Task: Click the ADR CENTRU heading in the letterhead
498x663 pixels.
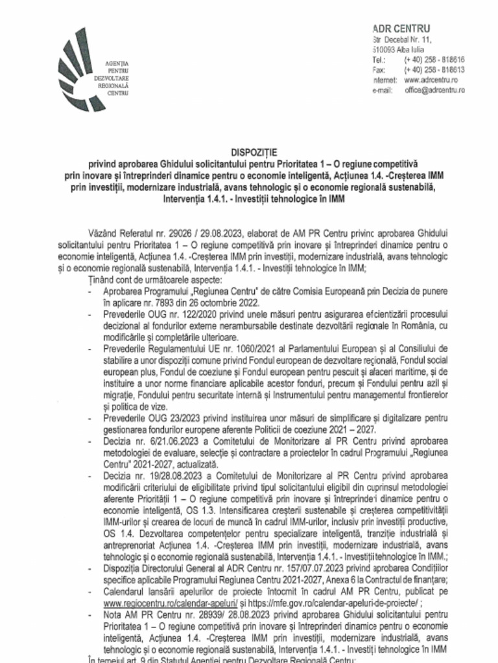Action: pyautogui.click(x=401, y=28)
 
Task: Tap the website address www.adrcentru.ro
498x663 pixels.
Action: pyautogui.click(x=426, y=80)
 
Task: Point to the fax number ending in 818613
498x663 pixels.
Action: pyautogui.click(x=434, y=69)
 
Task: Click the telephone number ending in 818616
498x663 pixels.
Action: pyautogui.click(x=434, y=59)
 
